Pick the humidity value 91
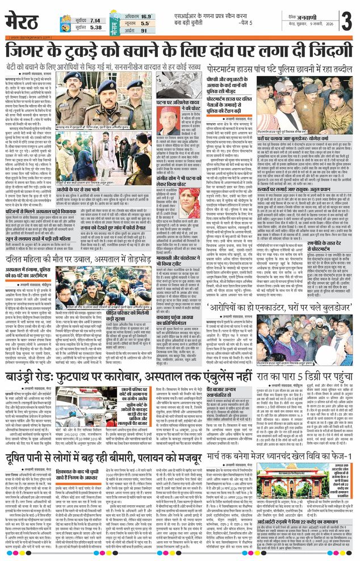(x=144, y=31)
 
